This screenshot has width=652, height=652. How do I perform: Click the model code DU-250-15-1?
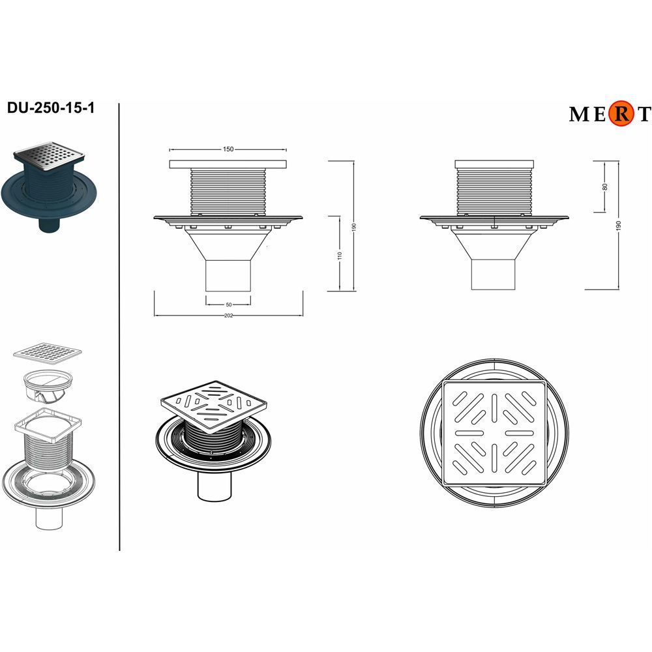tap(51, 108)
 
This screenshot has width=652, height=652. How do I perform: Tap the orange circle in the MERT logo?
tap(621, 113)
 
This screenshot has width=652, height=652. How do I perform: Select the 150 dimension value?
tap(228, 149)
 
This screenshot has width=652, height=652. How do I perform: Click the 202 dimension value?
tap(228, 316)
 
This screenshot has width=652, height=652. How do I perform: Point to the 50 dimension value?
tap(229, 304)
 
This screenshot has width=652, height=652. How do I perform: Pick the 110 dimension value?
tap(340, 256)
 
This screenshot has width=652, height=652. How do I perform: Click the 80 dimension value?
tap(605, 186)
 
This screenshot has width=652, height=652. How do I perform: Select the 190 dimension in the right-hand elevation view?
tap(618, 226)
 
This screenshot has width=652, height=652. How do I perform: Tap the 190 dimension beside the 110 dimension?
tap(354, 228)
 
